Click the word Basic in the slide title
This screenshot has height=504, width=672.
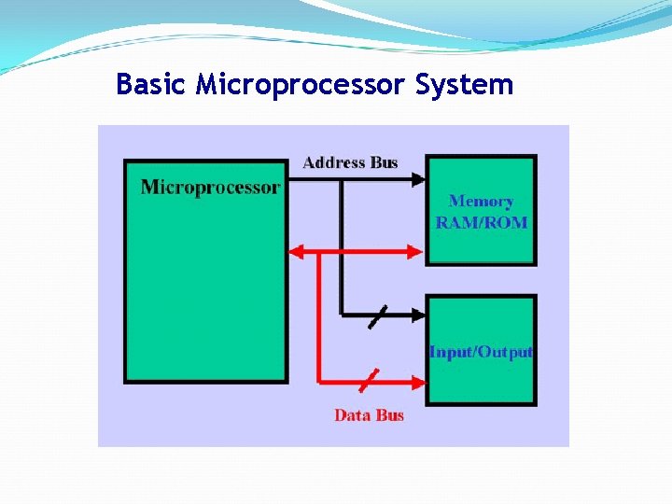pyautogui.click(x=152, y=84)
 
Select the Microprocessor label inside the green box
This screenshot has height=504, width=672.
pyautogui.click(x=210, y=187)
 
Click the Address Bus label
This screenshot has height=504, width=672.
pyautogui.click(x=350, y=162)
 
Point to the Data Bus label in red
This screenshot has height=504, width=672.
pyautogui.click(x=369, y=415)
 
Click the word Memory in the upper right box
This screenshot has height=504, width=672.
pyautogui.click(x=481, y=201)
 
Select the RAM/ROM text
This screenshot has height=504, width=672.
pyautogui.click(x=481, y=223)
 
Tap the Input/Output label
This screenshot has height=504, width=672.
pyautogui.click(x=481, y=352)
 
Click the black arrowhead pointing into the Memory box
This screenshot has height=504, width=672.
pyautogui.click(x=418, y=181)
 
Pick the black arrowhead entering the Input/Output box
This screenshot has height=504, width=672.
pyautogui.click(x=418, y=315)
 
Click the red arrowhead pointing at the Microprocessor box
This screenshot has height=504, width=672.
pyautogui.click(x=297, y=250)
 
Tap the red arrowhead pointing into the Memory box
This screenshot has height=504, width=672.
pyautogui.click(x=418, y=250)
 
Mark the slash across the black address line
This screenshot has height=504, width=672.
pyautogui.click(x=377, y=315)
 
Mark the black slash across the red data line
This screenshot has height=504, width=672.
pyautogui.click(x=370, y=380)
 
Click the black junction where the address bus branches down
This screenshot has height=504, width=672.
pyautogui.click(x=341, y=181)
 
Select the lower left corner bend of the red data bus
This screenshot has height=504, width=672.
pyautogui.click(x=319, y=381)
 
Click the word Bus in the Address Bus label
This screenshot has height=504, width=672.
pyautogui.click(x=384, y=162)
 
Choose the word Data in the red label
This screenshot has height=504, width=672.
pyautogui.click(x=352, y=415)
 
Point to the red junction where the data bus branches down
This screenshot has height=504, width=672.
pyautogui.click(x=319, y=250)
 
